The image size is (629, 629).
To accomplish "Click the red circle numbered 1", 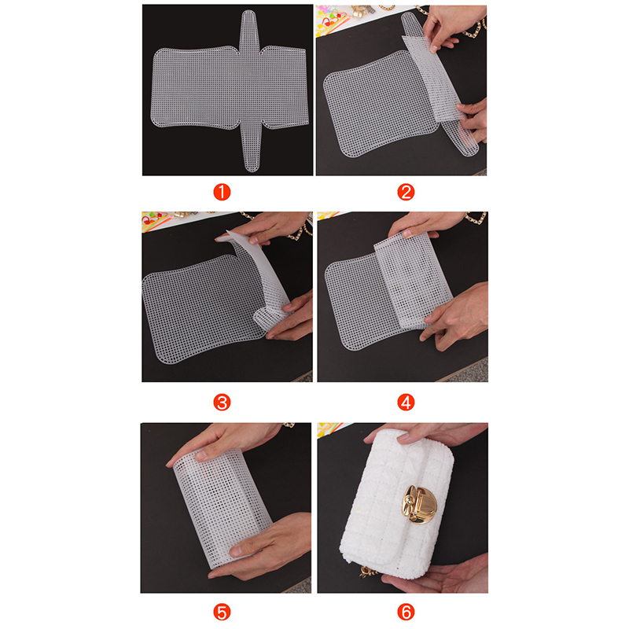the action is pos(222,192).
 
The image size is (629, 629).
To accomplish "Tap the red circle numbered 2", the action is pos(406,192).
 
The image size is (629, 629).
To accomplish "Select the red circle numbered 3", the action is pos(222,403).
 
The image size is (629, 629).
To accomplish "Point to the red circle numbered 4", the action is pos(406,403).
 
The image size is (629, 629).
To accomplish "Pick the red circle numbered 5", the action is pos(222,612).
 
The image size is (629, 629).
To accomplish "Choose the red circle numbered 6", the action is pos(406,612).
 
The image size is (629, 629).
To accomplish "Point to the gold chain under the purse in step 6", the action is pos(367,572).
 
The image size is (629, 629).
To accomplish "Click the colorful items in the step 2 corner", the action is pos(333,19).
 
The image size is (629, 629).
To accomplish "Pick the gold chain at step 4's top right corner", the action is pos(476,218).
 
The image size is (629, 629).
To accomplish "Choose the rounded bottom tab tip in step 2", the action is pos(469,146).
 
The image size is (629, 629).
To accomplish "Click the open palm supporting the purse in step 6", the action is pos(436,574).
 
